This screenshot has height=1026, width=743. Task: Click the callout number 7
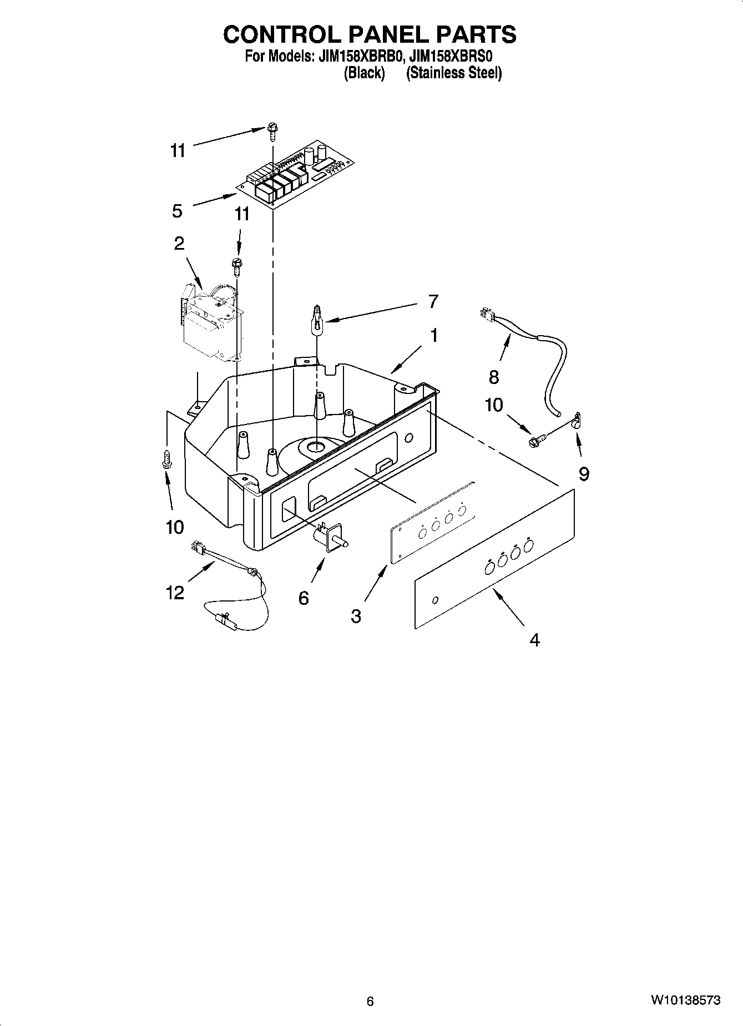coord(433,302)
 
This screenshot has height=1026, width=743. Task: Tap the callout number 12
coord(175,593)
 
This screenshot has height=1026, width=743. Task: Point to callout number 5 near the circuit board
coord(177,211)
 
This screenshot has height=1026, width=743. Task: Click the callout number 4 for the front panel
coord(534,640)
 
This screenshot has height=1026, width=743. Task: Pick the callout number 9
coord(584,473)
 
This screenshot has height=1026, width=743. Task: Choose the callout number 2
coord(179,243)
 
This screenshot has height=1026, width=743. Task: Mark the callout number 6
coord(304,598)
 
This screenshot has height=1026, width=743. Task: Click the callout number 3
coord(356,615)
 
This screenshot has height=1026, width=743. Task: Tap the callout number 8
coord(494,377)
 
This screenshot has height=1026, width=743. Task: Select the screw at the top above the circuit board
coord(272,129)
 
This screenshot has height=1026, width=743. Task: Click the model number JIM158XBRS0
coord(451,57)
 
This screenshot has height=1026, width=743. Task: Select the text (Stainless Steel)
coord(453,73)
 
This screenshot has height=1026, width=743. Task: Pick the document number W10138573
coord(686,1000)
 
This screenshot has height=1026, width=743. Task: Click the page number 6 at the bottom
coord(370,1001)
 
